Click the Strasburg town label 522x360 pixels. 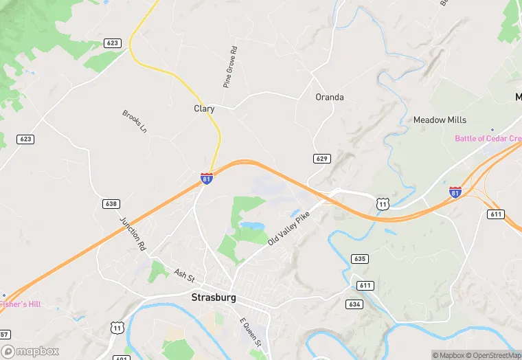point(213,297)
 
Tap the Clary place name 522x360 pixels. point(204,109)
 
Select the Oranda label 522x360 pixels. point(330,97)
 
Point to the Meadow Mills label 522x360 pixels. point(440,120)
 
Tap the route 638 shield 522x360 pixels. point(111,203)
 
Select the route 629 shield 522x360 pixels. point(322,159)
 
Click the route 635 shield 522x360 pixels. point(359,259)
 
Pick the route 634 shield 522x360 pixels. point(355,304)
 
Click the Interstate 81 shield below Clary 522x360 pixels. point(207,178)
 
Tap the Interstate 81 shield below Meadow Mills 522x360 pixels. point(455,192)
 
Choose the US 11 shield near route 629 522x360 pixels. point(383,203)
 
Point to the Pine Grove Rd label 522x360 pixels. point(229,67)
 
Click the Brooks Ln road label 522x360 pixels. point(135,121)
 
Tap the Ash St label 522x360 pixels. point(185,275)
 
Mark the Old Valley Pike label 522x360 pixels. point(289,228)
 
